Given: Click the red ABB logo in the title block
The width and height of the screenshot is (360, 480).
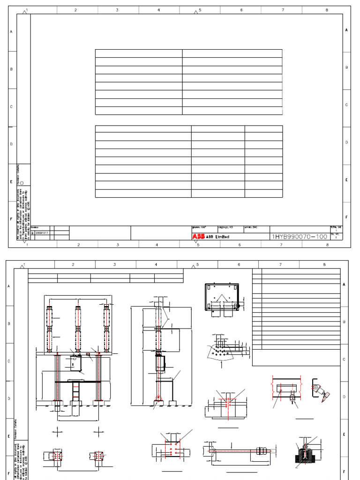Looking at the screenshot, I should pyautogui.click(x=198, y=237).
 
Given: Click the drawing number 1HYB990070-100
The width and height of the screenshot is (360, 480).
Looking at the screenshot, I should pyautogui.click(x=299, y=237).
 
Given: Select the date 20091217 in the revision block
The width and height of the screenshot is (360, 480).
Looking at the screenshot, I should pyautogui.click(x=42, y=233).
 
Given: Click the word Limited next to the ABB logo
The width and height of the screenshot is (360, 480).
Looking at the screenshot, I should pyautogui.click(x=222, y=237).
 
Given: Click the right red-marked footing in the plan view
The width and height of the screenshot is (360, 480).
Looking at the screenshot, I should pyautogui.click(x=98, y=456).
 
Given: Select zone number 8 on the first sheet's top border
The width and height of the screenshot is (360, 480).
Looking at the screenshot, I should pyautogui.click(x=327, y=9).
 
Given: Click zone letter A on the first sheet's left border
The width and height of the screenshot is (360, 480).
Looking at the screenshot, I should pyautogui.click(x=11, y=31).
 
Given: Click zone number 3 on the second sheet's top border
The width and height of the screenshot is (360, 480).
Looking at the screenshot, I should pyautogui.click(x=114, y=265).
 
